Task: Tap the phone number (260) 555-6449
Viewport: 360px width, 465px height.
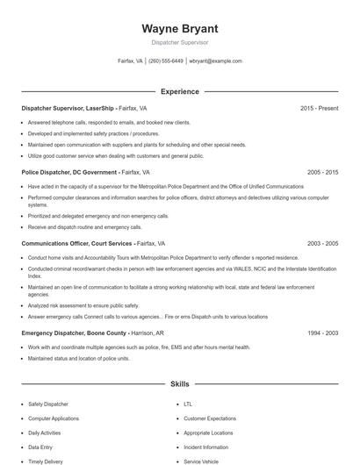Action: pos(166,61)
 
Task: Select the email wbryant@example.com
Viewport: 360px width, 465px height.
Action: pos(215,61)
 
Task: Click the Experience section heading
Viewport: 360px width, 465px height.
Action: pos(179,91)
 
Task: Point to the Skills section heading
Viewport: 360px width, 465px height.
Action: pos(179,384)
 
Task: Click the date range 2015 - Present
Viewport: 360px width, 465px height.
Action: pos(319,108)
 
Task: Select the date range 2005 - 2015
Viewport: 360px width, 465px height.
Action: pos(322,173)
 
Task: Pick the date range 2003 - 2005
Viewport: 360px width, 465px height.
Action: pos(322,243)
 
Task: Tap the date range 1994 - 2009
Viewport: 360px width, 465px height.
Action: pos(322,333)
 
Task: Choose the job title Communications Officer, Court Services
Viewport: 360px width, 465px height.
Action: pos(77,243)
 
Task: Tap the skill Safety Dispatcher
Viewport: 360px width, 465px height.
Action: pos(48,404)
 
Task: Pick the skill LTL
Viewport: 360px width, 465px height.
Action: pos(188,404)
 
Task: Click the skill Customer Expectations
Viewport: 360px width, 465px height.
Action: pos(211,418)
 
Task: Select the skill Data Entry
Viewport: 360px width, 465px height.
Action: pos(40,447)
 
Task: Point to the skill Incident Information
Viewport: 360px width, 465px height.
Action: pos(206,447)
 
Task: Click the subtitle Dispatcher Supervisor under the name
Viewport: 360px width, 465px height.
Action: pos(179,42)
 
